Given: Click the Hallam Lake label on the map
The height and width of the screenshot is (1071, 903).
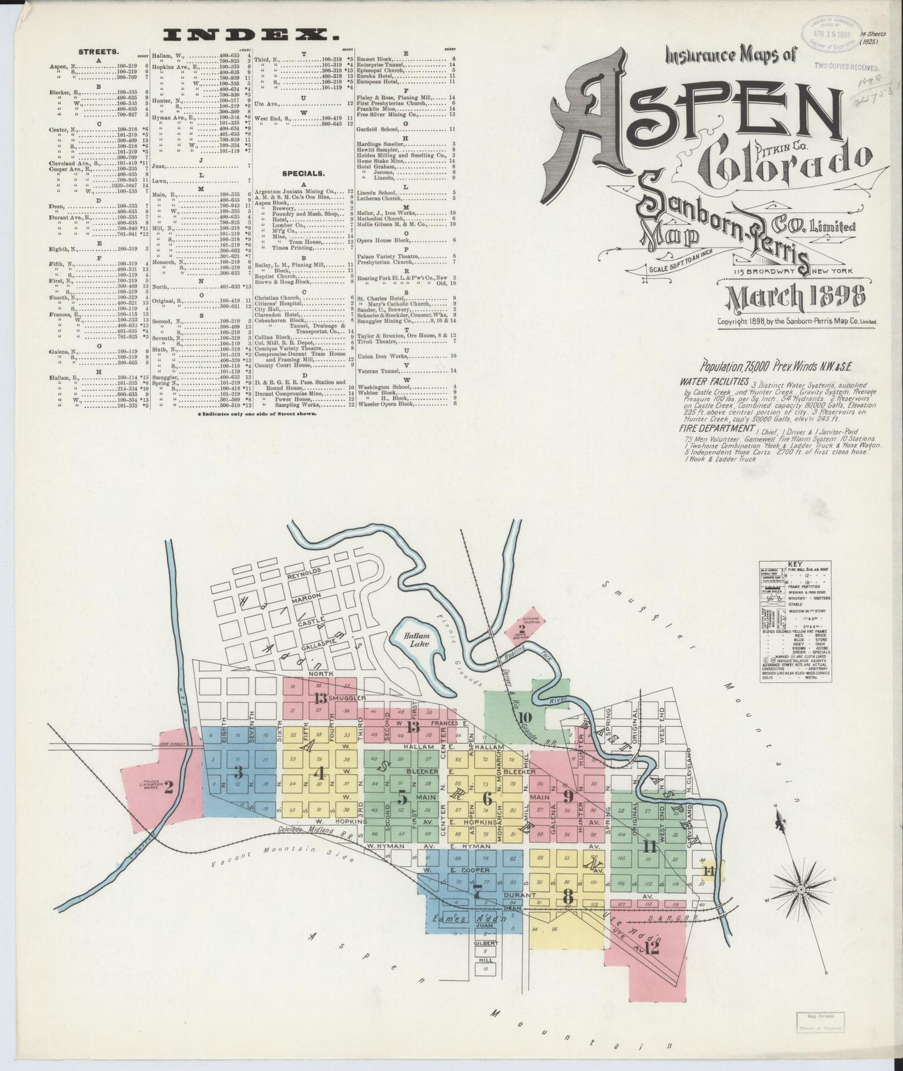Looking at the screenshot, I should pyautogui.click(x=416, y=640).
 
